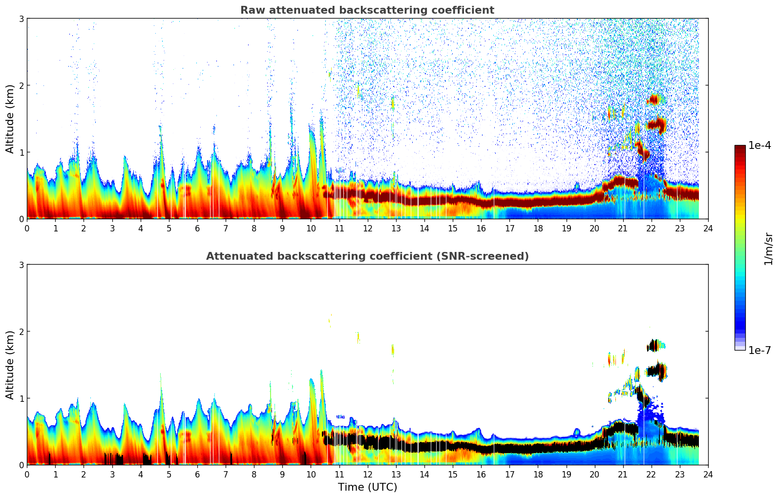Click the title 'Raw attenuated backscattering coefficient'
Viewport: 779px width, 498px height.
tap(367, 10)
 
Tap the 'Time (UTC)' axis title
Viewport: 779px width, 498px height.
tap(367, 487)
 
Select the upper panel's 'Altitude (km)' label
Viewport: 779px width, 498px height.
tap(10, 119)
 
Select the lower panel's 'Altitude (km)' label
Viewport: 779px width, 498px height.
tap(10, 365)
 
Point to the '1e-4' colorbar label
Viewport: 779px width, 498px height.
tap(759, 145)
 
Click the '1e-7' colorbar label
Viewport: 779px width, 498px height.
tap(759, 350)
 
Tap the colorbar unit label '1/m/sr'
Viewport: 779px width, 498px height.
tap(768, 248)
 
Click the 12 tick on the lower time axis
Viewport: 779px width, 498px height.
tap(367, 474)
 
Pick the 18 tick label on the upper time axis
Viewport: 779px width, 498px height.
tap(538, 228)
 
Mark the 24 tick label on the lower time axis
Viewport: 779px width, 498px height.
tap(708, 474)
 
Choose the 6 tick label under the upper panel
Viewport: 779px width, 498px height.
tap(197, 228)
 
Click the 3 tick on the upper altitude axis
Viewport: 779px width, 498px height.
tap(21, 19)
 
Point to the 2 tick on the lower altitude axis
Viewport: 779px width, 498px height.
tap(21, 332)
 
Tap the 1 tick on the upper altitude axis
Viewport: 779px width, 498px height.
tap(21, 152)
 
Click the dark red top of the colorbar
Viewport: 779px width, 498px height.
tap(740, 148)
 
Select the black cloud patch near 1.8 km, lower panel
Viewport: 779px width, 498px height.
tap(653, 346)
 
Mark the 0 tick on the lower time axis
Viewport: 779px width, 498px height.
tap(27, 474)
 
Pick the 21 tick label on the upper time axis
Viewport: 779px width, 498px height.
tap(623, 228)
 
